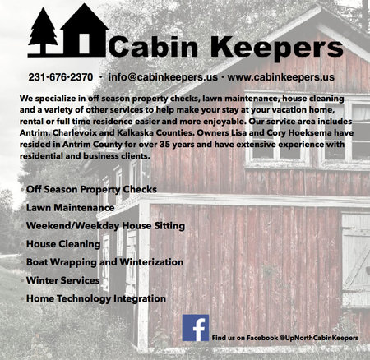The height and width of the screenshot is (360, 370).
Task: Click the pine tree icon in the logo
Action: pyautogui.click(x=43, y=30)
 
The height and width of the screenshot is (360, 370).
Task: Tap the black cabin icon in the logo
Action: pyautogui.click(x=85, y=30)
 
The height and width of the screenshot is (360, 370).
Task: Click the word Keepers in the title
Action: pyautogui.click(x=277, y=48)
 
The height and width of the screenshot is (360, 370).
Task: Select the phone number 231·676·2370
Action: pyautogui.click(x=61, y=77)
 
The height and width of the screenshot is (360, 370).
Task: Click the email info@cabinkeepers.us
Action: pyautogui.click(x=163, y=77)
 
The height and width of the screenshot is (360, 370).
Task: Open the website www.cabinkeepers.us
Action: pyautogui.click(x=280, y=77)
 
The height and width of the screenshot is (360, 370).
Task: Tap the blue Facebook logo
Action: pyautogui.click(x=196, y=328)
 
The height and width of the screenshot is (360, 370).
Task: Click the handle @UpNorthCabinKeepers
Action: pyautogui.click(x=319, y=338)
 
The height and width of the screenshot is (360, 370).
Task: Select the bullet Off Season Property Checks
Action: pyautogui.click(x=91, y=189)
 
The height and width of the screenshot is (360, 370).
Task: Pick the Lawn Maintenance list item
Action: pyautogui.click(x=70, y=208)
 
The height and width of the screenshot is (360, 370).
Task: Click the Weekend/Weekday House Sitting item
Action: pyautogui.click(x=105, y=226)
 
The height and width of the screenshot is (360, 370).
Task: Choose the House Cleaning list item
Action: pyautogui.click(x=63, y=244)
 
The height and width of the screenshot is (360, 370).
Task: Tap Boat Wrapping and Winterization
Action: pyautogui.click(x=104, y=262)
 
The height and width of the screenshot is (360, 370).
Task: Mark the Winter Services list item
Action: pyautogui.click(x=63, y=280)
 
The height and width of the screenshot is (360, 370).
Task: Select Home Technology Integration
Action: pyautogui.click(x=96, y=298)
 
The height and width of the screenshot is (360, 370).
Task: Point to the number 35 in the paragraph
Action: pyautogui.click(x=165, y=145)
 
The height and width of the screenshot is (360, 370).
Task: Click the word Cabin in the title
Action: pyautogui.click(x=153, y=46)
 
